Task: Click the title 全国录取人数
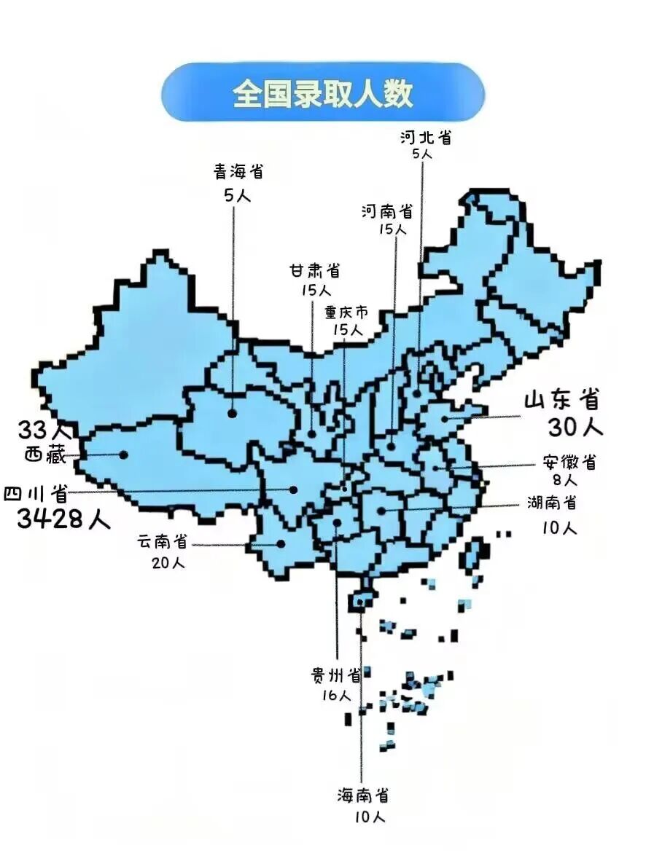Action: pos(323,93)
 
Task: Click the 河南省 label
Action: pos(387,211)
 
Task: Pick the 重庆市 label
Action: pos(346,313)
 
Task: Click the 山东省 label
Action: pos(561,400)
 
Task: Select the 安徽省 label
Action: pos(569,462)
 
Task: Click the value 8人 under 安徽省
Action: pos(564,480)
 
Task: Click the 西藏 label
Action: pos(45,455)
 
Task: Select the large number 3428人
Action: pos(63,519)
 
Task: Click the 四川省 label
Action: pos(36,495)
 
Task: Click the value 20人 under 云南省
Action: pos(168,563)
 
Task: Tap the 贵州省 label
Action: pos(336,675)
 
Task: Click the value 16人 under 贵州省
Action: pos(336,696)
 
